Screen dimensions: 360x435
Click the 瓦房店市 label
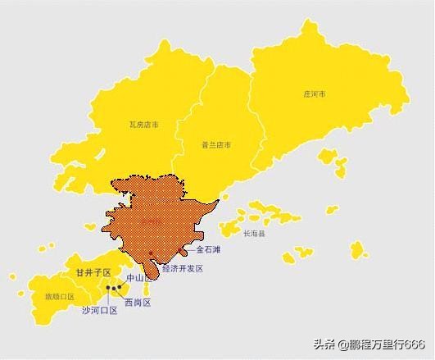[144, 125]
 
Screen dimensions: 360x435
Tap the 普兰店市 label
[216, 144]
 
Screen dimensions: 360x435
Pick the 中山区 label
[134, 278]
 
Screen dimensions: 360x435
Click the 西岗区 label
[137, 303]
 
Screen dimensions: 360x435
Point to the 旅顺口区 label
[59, 296]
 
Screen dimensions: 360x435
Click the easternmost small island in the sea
[357, 249]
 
